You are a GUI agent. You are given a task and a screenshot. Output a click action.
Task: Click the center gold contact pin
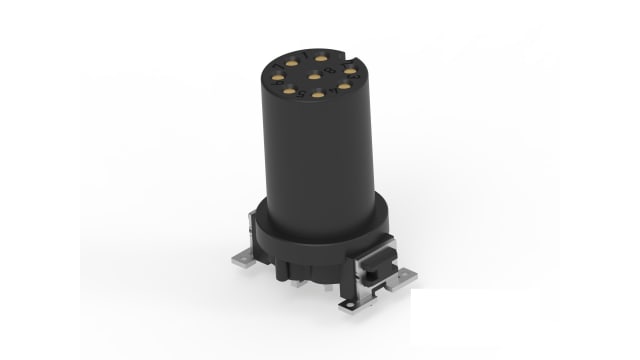pos(314,76)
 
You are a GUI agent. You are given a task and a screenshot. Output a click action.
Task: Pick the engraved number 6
pos(276,83)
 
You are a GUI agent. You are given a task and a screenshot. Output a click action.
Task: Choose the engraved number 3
pos(354,76)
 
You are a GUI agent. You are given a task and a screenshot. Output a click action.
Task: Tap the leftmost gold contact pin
pos(278,77)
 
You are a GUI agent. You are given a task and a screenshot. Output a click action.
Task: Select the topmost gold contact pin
pos(321,58)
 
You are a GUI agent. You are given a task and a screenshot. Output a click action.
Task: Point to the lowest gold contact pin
pos(318,94)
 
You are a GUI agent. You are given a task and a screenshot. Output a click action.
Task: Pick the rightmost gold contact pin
pos(350,70)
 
